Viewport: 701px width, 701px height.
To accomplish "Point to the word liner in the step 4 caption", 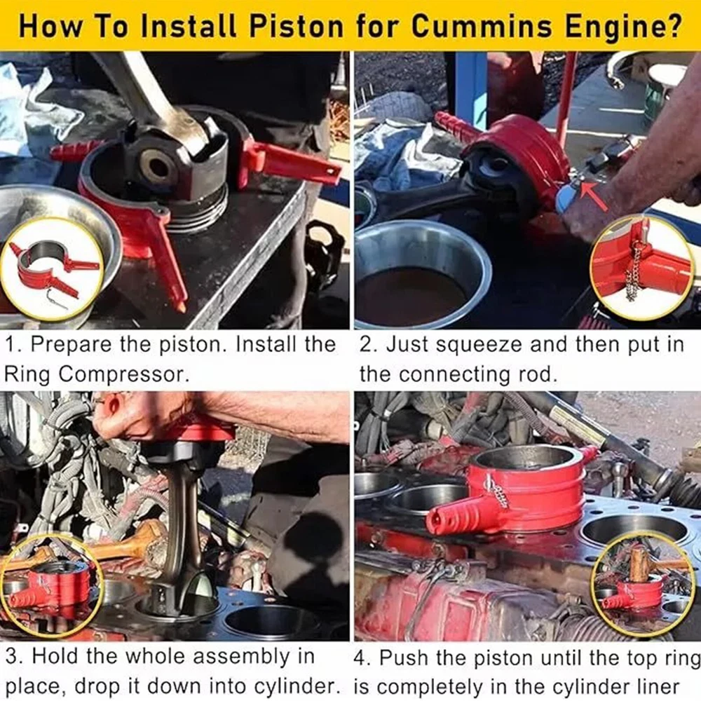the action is pos(658,687).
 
